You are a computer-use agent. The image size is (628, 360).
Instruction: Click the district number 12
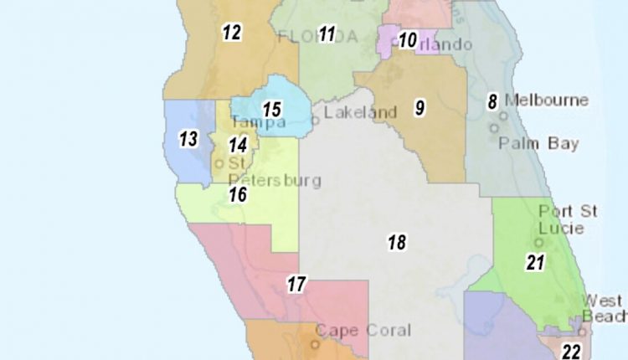click(231, 33)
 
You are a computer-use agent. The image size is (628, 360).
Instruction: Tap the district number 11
click(327, 34)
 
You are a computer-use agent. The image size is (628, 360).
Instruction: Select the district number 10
click(407, 39)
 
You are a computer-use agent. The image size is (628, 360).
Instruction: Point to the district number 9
click(419, 107)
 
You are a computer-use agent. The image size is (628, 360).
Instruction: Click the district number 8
click(493, 102)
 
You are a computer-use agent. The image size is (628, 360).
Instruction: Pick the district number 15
click(271, 110)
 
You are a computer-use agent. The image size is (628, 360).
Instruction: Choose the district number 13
click(188, 139)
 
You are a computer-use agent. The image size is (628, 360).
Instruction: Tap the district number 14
click(238, 145)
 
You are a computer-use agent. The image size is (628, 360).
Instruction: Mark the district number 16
click(238, 195)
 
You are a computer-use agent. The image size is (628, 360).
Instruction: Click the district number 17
click(296, 285)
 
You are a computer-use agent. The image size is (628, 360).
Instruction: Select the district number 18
click(396, 243)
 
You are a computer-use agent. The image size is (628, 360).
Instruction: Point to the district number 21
click(535, 262)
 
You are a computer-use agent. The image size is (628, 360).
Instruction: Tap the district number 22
click(571, 351)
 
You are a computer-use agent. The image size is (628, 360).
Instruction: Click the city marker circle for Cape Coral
click(316, 343)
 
